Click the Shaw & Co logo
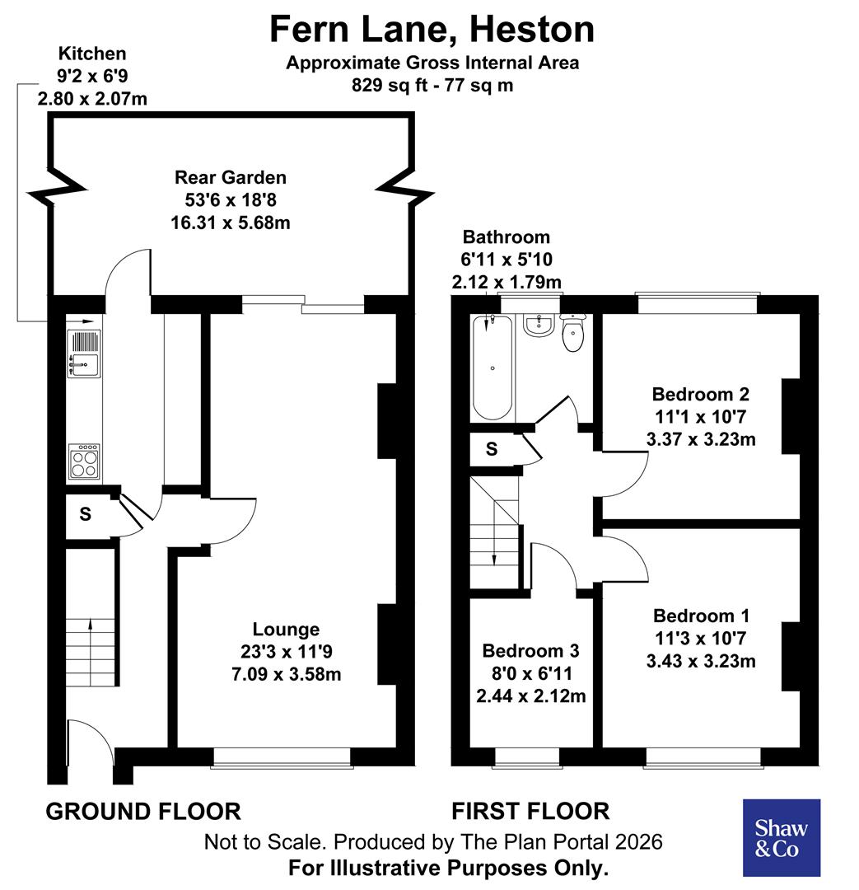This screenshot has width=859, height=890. pyautogui.click(x=782, y=837)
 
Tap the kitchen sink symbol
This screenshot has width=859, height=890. pyautogui.click(x=84, y=353)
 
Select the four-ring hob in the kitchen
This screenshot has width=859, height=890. pyautogui.click(x=84, y=461)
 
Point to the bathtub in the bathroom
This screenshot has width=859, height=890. pyautogui.click(x=493, y=368)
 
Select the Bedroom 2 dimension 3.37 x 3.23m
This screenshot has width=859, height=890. pyautogui.click(x=702, y=439)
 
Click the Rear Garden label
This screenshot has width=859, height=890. pyautogui.click(x=231, y=177)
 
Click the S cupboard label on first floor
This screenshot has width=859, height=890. pyautogui.click(x=492, y=449)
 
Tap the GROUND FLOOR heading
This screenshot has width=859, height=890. pyautogui.click(x=143, y=811)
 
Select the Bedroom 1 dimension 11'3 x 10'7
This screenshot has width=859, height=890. pyautogui.click(x=702, y=639)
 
